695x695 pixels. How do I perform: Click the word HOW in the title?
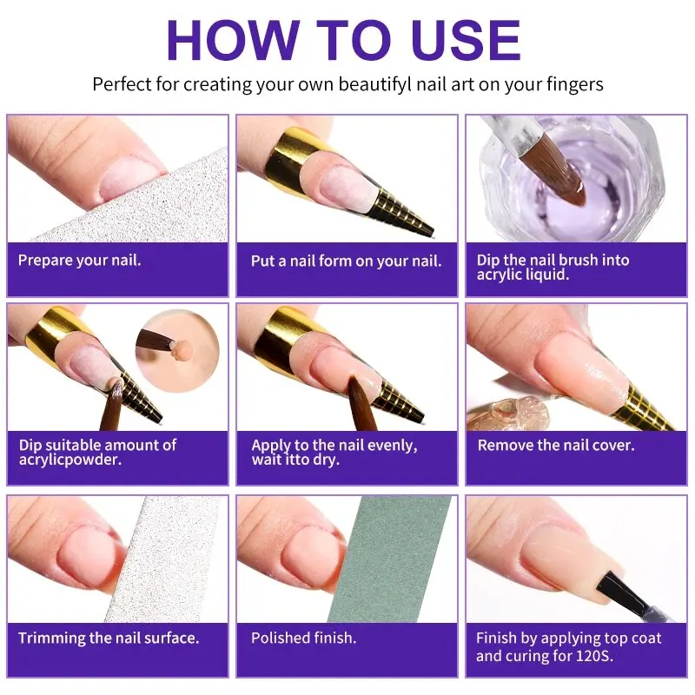tap(228, 40)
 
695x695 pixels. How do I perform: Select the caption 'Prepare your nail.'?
tap(79, 260)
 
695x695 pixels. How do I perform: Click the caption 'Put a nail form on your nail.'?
tap(346, 261)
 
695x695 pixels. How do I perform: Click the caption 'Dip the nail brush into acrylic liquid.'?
tap(553, 268)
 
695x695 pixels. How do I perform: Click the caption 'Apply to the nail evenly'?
tap(334, 445)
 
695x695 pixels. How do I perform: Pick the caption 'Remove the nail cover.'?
tap(556, 445)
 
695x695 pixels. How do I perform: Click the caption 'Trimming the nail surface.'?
tap(109, 639)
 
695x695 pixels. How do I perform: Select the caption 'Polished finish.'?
tap(303, 639)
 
